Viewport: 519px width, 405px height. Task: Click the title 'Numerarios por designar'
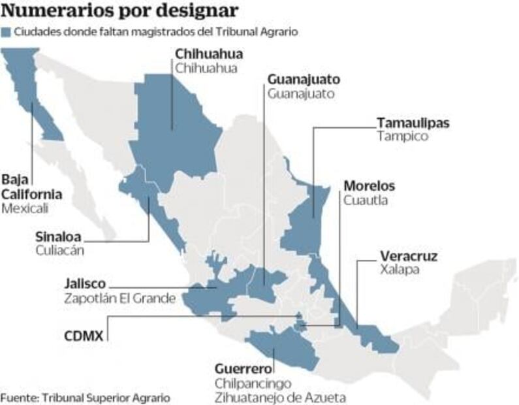coord(119,11)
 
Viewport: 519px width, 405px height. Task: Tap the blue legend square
coord(7,31)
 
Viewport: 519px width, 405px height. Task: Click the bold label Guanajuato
coord(304,79)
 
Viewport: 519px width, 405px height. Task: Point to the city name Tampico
coord(402,137)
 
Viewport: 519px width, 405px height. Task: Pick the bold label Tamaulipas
coord(413,123)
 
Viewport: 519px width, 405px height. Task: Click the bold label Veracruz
coord(409,256)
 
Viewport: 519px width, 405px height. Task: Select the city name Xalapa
coord(398,269)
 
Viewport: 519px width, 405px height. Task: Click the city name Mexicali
coord(25,208)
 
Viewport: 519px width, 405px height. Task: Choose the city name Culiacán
coord(61,250)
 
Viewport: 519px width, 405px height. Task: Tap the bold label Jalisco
coord(85,284)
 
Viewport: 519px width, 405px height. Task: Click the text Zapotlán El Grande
coord(119,299)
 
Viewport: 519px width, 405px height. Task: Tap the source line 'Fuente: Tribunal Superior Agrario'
coord(85,397)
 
